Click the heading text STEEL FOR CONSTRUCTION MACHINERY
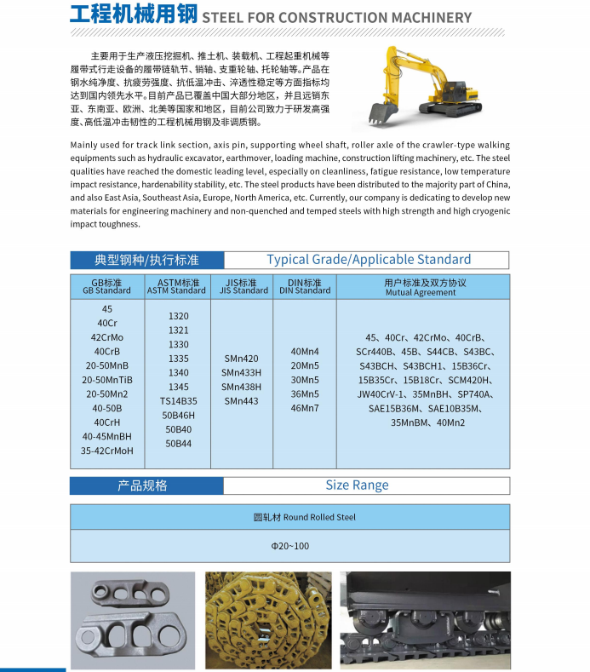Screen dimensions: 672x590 point(337,17)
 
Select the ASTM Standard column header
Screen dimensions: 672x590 point(177,286)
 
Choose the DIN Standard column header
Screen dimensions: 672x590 point(305,286)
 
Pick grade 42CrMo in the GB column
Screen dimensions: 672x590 point(107,337)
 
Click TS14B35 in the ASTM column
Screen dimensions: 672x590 point(179,400)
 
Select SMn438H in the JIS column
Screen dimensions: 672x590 point(242,387)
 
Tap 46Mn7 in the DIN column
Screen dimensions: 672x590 point(305,408)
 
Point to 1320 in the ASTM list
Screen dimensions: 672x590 point(179,316)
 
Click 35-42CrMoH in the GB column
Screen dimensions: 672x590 point(107,451)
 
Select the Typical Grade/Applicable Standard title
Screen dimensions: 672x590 point(368,260)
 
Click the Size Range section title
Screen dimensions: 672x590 point(357,485)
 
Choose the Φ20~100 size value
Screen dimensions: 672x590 point(290,545)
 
